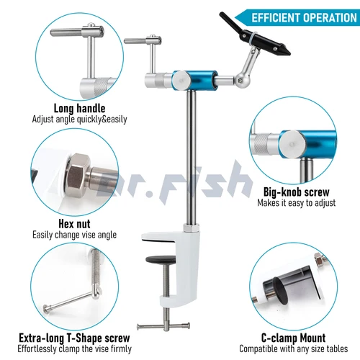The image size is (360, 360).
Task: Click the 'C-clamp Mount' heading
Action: (x=293, y=338)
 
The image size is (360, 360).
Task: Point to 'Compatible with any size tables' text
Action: (x=293, y=349)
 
